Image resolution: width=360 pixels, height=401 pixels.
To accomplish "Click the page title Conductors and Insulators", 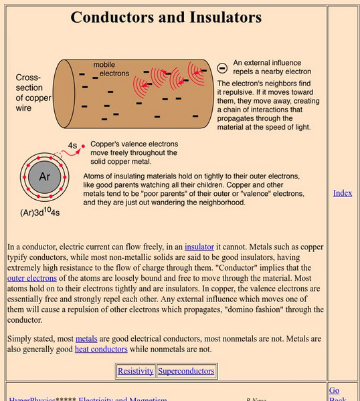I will pos(167,17).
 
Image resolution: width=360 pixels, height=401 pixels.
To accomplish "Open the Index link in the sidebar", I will pos(343,193).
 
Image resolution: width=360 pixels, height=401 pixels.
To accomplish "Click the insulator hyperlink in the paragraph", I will pos(199,246).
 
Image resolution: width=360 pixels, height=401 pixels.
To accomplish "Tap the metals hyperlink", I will pos(86,339).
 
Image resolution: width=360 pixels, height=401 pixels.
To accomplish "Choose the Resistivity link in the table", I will pos(136,371).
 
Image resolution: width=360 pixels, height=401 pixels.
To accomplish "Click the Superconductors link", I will pos(186,371).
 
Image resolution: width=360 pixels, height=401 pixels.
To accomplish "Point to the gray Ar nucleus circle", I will pos(44,176).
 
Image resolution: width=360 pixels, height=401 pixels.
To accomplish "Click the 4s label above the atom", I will pos(73,144).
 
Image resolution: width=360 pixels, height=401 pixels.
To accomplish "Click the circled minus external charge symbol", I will pos(223,68).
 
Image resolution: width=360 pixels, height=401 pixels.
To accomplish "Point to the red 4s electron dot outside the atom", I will pos(83,145).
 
